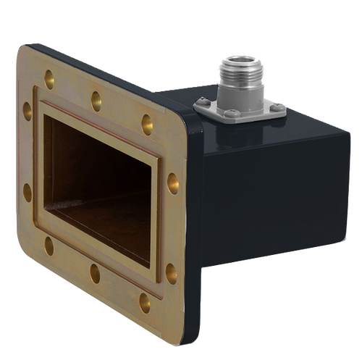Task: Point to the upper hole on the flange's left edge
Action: (28, 110)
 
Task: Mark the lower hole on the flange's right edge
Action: (172, 272)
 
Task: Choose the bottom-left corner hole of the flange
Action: (49, 246)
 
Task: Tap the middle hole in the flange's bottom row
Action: (95, 273)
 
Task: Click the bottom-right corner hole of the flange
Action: (146, 302)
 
